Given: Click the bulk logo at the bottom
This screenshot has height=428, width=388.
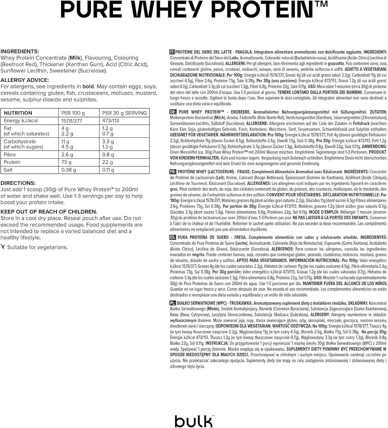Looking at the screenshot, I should pyautogui.click(x=194, y=421).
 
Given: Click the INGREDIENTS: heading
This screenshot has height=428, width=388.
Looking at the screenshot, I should pyautogui.click(x=20, y=51).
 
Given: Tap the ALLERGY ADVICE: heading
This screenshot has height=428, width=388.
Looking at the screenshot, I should pyautogui.click(x=25, y=80).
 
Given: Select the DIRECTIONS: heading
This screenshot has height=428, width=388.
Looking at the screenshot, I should pyautogui.click(x=18, y=183).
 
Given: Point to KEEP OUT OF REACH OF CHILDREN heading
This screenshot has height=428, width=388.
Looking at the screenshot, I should pyautogui.click(x=49, y=211).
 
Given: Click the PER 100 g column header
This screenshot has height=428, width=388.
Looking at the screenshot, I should pyautogui.click(x=73, y=113).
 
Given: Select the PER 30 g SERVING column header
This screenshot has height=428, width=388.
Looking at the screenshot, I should pyautogui.click(x=124, y=113).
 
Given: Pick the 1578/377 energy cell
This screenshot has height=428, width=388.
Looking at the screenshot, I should pyautogui.click(x=72, y=121).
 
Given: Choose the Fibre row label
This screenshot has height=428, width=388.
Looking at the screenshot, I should pyautogui.click(x=10, y=155).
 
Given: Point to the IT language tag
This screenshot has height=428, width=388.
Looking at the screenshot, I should pyautogui.click(x=172, y=52).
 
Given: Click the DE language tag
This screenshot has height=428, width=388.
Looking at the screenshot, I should pyautogui.click(x=173, y=112).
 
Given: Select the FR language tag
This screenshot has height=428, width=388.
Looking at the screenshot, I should pyautogui.click(x=173, y=172).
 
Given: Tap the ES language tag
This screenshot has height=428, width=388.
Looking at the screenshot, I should pyautogui.click(x=173, y=237).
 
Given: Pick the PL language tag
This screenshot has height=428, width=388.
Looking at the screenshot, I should pyautogui.click(x=173, y=303).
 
